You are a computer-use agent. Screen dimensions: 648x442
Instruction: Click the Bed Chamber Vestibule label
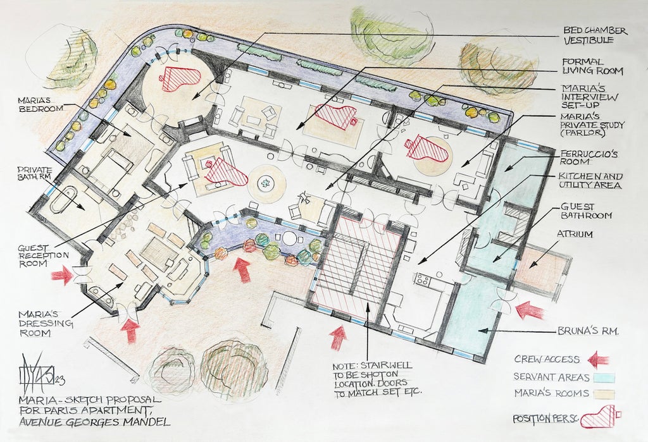click(x=595, y=35)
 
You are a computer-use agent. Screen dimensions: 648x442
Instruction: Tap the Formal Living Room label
click(x=592, y=66)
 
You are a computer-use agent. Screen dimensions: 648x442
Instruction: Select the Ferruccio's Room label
click(x=589, y=157)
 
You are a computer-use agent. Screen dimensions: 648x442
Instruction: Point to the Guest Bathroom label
click(x=586, y=211)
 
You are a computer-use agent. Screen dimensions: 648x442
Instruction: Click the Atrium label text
click(x=575, y=234)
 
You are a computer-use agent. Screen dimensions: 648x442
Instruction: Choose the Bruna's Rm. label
click(x=588, y=331)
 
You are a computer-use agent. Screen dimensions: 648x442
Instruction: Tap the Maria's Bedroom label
click(x=40, y=104)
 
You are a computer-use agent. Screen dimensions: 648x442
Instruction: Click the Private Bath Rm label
click(x=35, y=174)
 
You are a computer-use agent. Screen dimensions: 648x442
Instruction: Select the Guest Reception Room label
click(x=44, y=255)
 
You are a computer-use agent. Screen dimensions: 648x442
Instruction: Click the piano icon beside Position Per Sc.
click(x=600, y=417)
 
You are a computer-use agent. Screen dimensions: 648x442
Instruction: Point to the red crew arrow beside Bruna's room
click(x=530, y=310)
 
